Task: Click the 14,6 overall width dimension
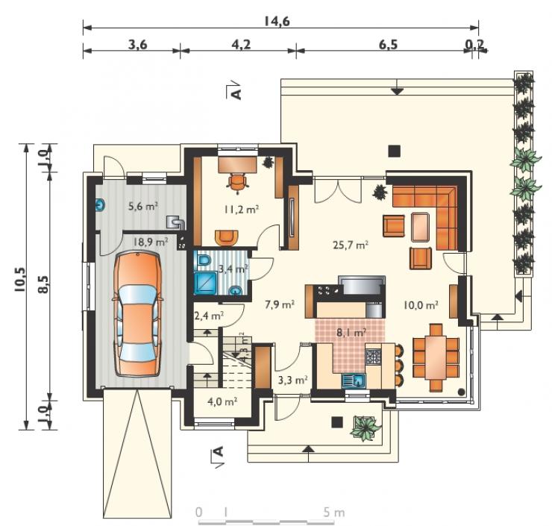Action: pos(277,22)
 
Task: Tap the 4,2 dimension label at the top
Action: pos(241,45)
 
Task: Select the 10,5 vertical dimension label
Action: pos(19,280)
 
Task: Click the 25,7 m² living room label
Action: pos(351,245)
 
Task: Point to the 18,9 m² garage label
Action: pos(151,242)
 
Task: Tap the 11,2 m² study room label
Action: pos(242,210)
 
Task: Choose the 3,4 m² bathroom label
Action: pos(233,269)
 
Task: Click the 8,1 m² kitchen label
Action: pos(351,332)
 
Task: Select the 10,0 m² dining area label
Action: pos(421,305)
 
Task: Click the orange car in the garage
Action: pos(138,314)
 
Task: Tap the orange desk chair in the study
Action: pos(238,183)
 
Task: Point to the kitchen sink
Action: pos(354,381)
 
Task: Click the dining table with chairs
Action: pos(436,357)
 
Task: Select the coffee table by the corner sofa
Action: pos(420,227)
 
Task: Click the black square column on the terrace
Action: pos(395,151)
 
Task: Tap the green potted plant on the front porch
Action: pos(365,428)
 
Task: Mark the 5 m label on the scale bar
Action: pos(333,513)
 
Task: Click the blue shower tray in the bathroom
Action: pos(205,283)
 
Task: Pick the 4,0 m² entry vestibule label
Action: pos(222,401)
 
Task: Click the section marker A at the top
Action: pos(234,91)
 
